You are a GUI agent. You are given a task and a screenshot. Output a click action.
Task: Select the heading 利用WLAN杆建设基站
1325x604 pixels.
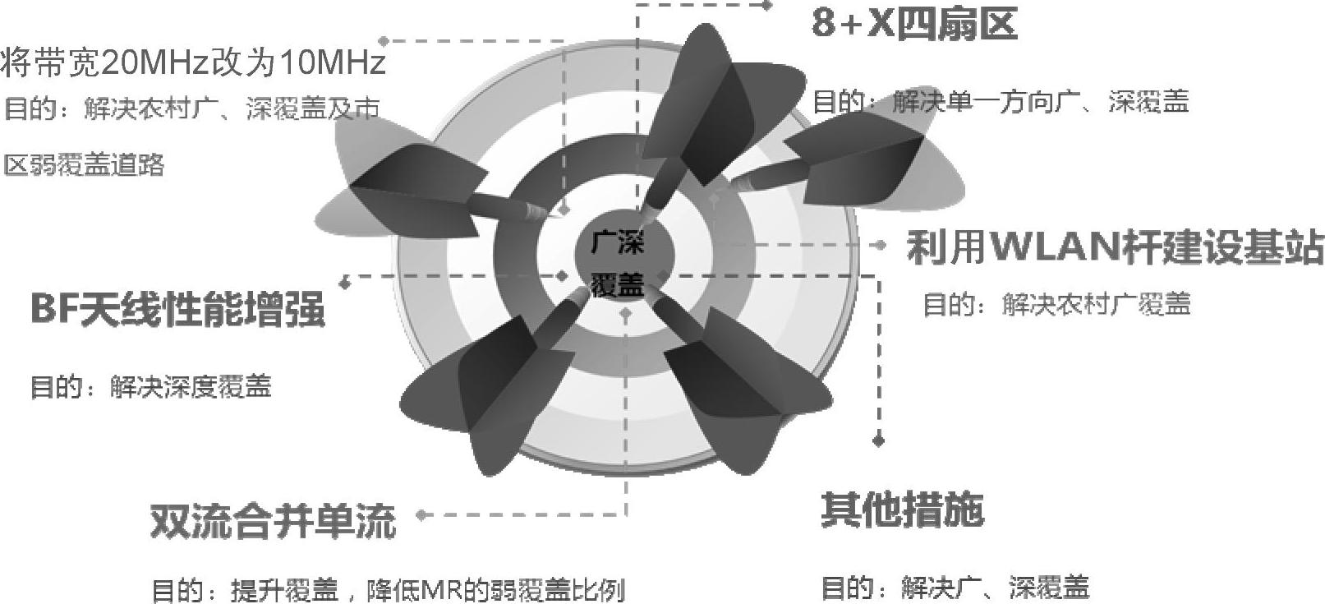1114,247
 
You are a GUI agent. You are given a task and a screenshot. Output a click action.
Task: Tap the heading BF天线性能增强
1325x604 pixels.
177,310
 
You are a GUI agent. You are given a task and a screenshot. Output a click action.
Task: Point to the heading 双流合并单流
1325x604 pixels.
273,521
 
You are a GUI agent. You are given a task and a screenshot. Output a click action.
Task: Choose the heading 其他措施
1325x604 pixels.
902,510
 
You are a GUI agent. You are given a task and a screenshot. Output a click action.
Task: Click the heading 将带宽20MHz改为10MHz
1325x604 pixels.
193,62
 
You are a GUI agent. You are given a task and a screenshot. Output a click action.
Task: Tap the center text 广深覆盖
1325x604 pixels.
618,263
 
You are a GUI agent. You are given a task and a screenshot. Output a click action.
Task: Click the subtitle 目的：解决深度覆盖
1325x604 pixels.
150,386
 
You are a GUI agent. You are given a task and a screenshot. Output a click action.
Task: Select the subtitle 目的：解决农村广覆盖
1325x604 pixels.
1056,305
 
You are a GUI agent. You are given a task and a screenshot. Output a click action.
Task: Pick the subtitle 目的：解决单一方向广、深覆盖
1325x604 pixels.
1000,102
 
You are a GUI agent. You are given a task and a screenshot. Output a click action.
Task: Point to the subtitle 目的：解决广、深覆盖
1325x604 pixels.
955,587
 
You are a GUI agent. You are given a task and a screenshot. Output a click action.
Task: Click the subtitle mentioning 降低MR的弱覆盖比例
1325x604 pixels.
388,590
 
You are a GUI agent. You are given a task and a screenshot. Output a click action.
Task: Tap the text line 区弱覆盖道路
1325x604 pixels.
84,165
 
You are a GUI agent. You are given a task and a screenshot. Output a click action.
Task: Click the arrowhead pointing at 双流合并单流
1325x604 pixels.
421,515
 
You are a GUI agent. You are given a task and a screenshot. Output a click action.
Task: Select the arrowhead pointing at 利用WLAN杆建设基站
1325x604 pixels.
881,245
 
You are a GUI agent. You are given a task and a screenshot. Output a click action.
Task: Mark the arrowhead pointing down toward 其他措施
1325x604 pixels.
879,441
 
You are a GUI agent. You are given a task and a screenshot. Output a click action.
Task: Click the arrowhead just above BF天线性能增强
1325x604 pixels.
346,282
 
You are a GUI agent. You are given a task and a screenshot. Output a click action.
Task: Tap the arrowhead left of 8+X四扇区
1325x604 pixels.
767,5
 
